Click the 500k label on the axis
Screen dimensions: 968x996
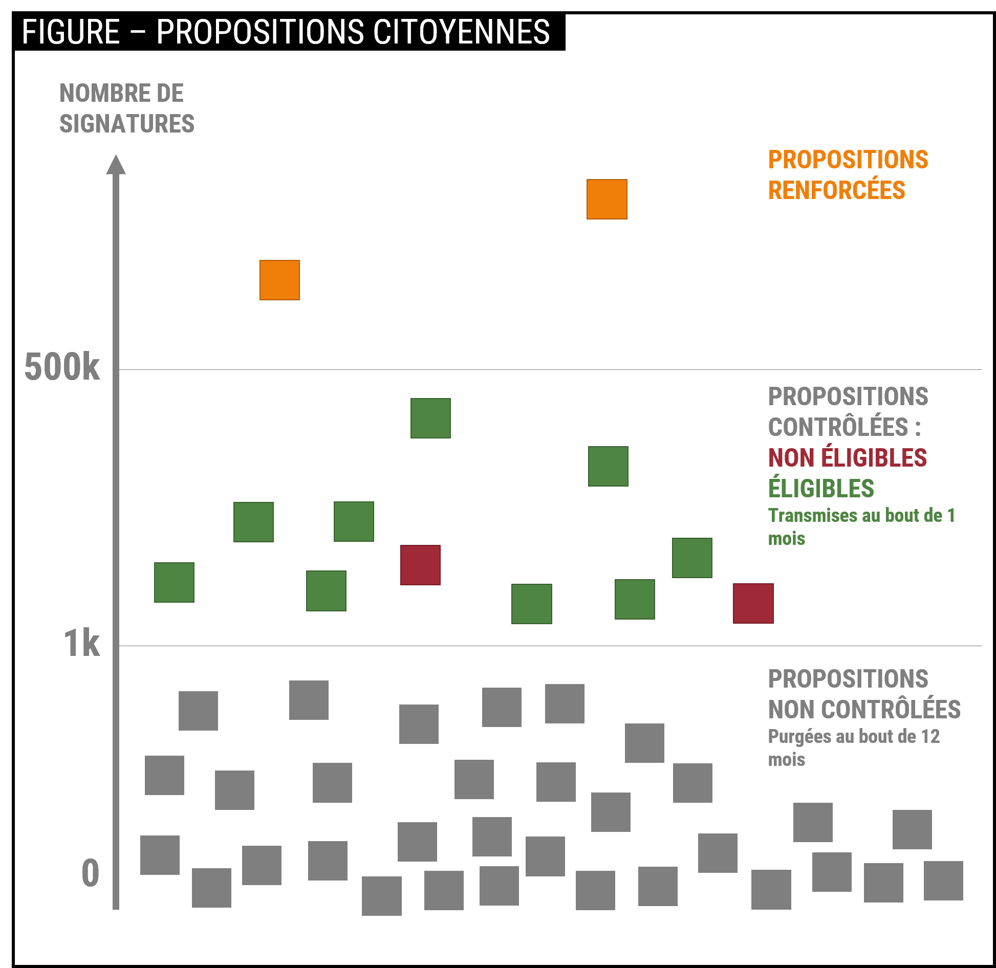point(62,367)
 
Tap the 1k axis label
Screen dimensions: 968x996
point(81,643)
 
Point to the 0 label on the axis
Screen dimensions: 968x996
point(91,873)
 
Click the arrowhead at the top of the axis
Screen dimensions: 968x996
point(116,165)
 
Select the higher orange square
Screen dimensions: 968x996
point(607,199)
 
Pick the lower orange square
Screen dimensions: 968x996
point(279,280)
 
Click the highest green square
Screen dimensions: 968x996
point(430,418)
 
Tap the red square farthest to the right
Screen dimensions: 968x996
point(753,603)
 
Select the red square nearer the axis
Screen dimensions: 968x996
point(420,565)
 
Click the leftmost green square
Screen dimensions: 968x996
point(174,582)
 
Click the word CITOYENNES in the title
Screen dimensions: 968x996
point(461,32)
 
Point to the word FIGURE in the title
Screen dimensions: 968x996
point(71,32)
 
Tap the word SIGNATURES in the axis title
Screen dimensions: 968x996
point(127,124)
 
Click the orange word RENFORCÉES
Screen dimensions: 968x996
point(836,190)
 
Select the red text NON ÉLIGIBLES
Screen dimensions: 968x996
point(847,457)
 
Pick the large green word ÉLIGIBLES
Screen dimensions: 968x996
point(821,488)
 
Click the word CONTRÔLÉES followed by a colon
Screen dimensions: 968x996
point(838,427)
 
